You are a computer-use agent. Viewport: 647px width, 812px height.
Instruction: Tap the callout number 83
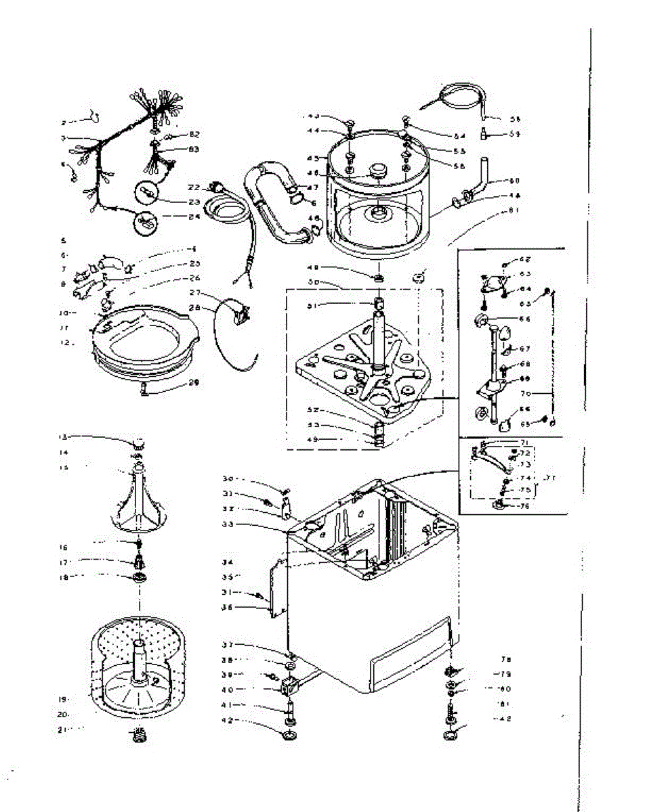point(194,149)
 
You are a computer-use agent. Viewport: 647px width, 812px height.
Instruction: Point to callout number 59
point(515,134)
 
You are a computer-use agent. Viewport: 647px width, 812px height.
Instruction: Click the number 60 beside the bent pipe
point(515,181)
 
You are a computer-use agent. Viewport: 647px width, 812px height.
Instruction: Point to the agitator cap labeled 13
point(138,443)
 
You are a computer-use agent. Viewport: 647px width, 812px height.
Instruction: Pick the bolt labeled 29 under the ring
point(145,388)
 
